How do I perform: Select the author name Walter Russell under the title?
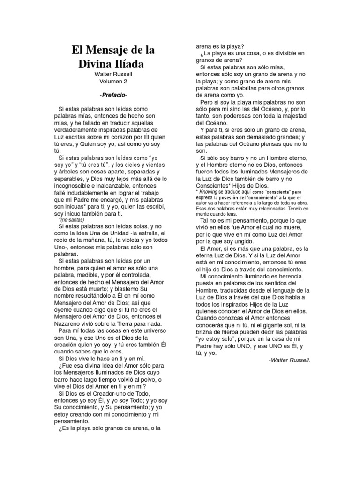click(x=112, y=74)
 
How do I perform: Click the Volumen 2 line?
click(x=112, y=81)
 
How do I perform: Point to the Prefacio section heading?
click(x=112, y=95)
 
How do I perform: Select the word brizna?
click(x=204, y=332)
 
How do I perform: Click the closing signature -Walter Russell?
click(x=290, y=360)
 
